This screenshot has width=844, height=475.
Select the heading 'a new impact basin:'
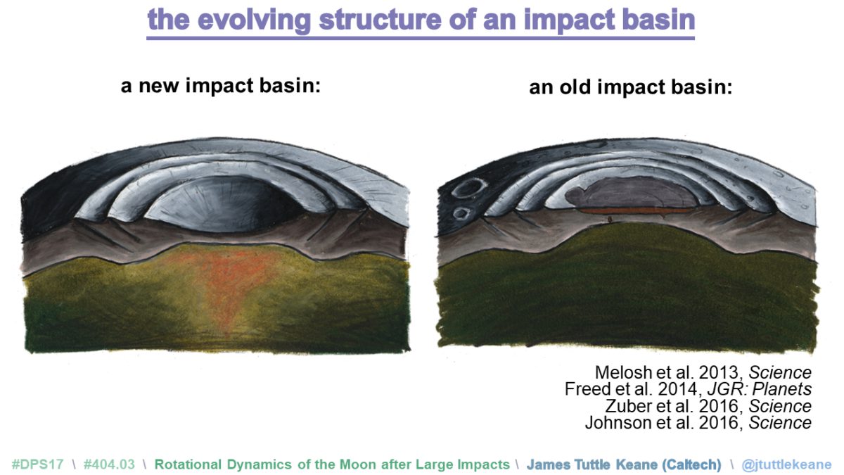(x=221, y=87)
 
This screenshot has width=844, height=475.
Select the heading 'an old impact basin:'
(x=631, y=89)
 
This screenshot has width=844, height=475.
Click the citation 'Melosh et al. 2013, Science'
(x=703, y=372)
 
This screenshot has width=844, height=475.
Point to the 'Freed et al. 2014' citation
(x=688, y=389)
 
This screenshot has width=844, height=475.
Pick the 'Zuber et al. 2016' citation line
(x=708, y=406)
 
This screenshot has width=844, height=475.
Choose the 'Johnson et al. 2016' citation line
(x=698, y=423)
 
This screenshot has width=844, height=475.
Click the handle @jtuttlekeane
(x=785, y=464)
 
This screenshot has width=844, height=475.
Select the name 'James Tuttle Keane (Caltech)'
(x=624, y=464)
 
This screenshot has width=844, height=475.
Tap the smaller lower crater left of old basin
(x=461, y=212)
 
